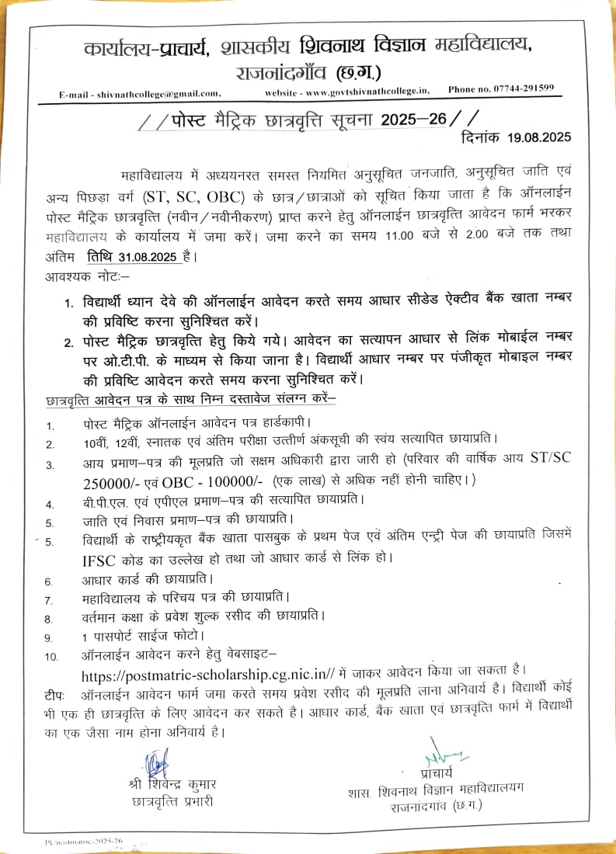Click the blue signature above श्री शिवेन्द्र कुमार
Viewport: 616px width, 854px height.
(158, 760)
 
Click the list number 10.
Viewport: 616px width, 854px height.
(51, 656)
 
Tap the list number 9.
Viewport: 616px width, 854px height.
(49, 637)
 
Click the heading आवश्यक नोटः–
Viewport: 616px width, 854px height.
(78, 276)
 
